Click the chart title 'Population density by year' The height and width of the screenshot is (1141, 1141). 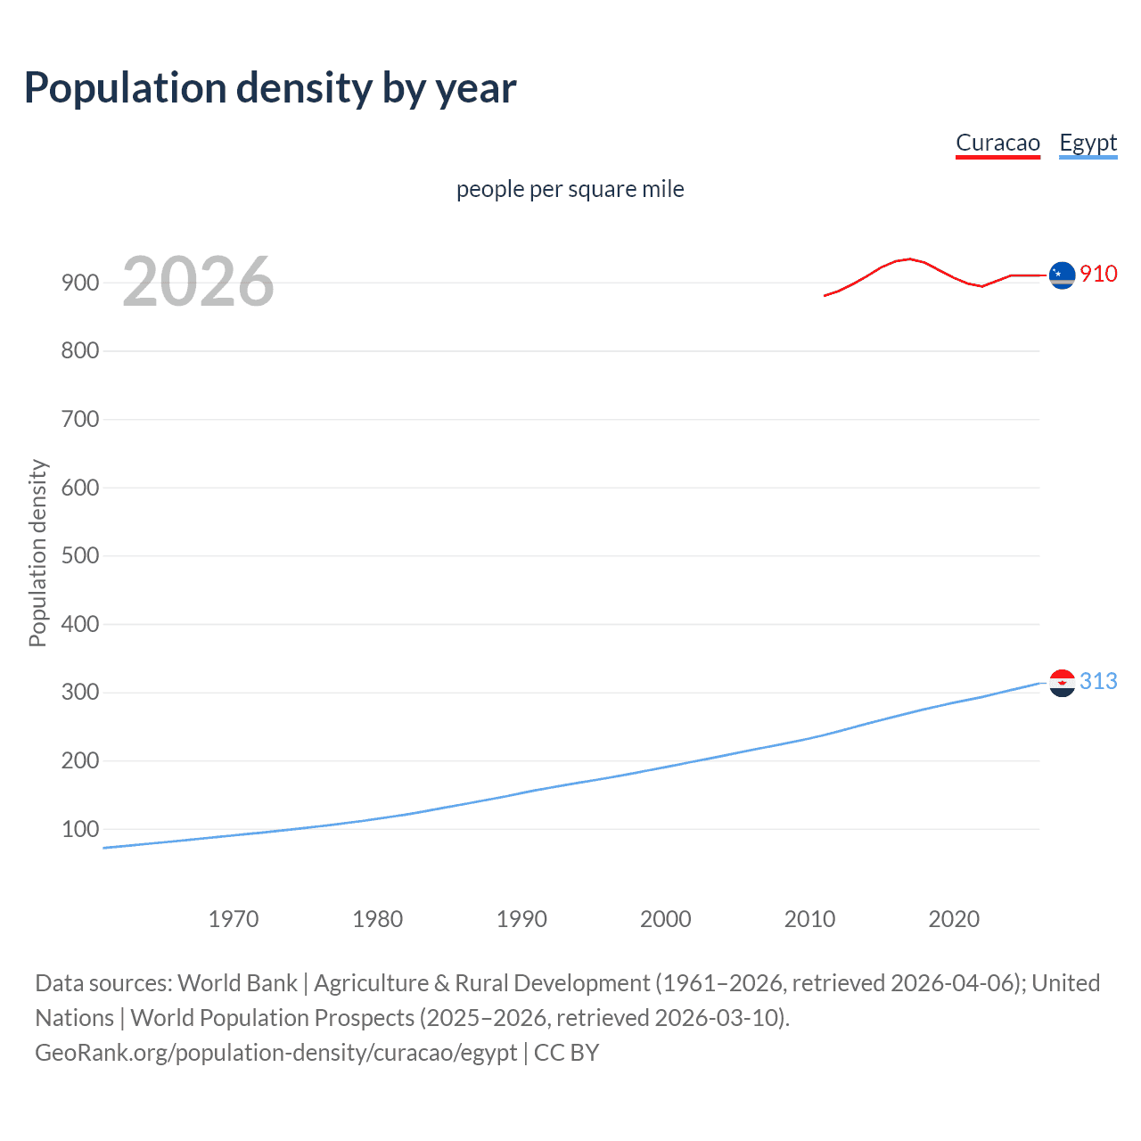point(270,88)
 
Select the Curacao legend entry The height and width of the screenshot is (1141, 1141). point(997,143)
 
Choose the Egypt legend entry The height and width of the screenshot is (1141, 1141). point(1088,143)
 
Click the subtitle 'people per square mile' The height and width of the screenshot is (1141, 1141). point(570,189)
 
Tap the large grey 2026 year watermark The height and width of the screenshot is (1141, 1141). point(198,282)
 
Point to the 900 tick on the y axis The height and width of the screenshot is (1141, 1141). point(80,283)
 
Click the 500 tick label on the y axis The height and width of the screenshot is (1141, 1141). point(80,555)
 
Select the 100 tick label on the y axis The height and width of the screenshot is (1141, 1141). point(80,829)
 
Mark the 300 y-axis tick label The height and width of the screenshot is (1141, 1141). point(80,693)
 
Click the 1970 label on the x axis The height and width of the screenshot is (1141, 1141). point(234,919)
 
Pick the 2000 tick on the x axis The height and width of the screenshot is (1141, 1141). point(666,919)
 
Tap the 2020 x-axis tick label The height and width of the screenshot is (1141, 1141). point(954,919)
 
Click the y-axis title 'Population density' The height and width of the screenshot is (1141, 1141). point(37,553)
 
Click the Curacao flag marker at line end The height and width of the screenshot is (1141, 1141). point(1062,276)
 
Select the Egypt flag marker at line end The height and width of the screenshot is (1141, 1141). point(1062,683)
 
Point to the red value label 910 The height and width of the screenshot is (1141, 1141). point(1098,274)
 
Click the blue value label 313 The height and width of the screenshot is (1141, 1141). point(1098,681)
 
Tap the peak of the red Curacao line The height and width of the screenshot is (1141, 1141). point(908,259)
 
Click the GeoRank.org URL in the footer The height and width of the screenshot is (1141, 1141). point(276,1053)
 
